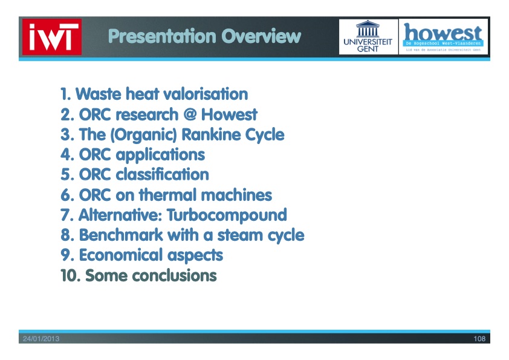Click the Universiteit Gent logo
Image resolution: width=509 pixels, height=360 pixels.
(x=368, y=37)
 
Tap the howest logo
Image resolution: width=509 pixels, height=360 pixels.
(x=444, y=37)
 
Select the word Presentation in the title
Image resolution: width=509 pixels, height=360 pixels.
(x=161, y=36)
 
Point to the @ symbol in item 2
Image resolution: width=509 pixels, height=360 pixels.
(x=189, y=114)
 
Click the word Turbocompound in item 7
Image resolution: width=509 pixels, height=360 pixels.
(x=227, y=215)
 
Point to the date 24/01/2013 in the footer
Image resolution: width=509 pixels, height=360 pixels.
(x=41, y=339)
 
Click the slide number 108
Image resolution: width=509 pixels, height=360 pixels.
(x=479, y=339)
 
